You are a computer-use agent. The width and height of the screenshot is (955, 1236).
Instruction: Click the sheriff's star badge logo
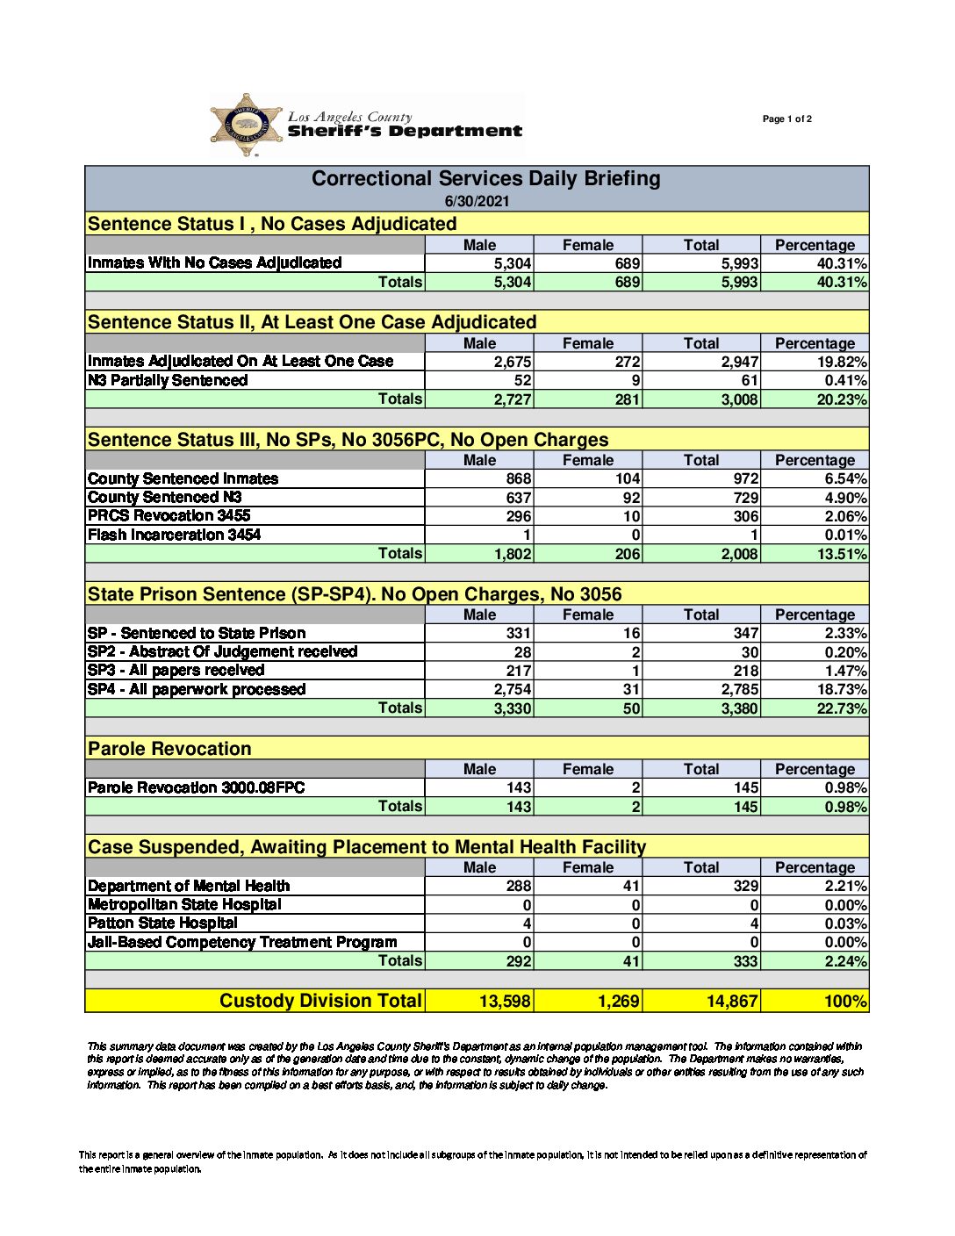[247, 125]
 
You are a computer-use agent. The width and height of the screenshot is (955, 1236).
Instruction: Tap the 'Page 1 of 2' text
[786, 119]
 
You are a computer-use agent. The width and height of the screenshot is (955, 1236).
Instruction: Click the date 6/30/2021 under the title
[477, 201]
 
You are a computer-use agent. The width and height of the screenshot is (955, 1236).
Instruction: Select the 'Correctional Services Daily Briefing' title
[485, 179]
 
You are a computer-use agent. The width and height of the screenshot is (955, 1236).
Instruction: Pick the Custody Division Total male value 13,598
[505, 1001]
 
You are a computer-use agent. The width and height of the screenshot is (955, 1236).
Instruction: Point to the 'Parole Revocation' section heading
[169, 749]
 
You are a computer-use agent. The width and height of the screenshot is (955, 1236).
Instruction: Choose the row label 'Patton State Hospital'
[162, 923]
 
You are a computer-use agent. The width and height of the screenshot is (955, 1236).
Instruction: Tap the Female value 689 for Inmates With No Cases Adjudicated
[627, 263]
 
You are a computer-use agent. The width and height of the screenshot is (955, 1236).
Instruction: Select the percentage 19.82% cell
[842, 362]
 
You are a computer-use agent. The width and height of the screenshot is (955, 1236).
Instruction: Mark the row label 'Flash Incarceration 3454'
[174, 535]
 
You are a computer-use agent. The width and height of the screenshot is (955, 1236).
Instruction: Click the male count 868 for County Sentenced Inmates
[518, 478]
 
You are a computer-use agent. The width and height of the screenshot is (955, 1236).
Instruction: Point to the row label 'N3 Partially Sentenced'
[168, 380]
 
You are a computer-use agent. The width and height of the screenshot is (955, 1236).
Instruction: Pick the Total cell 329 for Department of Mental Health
[745, 886]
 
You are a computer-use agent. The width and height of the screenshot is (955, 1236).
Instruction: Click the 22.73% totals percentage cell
[841, 708]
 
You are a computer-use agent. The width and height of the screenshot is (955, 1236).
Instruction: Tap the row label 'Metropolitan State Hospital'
[184, 904]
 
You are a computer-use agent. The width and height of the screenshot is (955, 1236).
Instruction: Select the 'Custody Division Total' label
[320, 1001]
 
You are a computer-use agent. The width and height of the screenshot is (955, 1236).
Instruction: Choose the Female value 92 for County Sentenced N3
[631, 498]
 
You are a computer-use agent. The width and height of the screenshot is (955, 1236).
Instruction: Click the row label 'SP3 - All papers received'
[176, 670]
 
